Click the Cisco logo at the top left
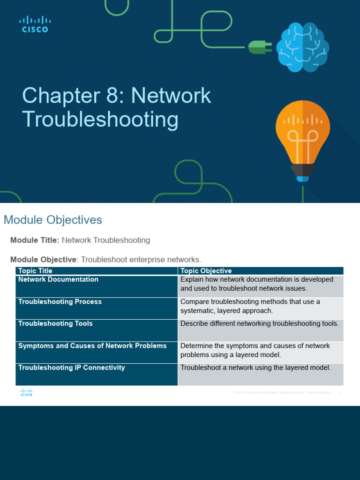coord(35,24)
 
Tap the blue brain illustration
coord(302,47)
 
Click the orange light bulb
coord(302,136)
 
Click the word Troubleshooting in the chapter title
coord(100,120)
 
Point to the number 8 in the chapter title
coord(107,96)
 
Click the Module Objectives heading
coord(52,220)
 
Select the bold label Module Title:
coord(35,240)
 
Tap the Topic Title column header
coord(35,271)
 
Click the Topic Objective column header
coord(206,271)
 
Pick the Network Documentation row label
coord(58,280)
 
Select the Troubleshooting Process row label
coord(60,302)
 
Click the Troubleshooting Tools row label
coord(55,324)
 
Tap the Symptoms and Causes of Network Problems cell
coord(92,346)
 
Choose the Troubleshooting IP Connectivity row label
coord(71,368)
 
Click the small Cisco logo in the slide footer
coord(26,393)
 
